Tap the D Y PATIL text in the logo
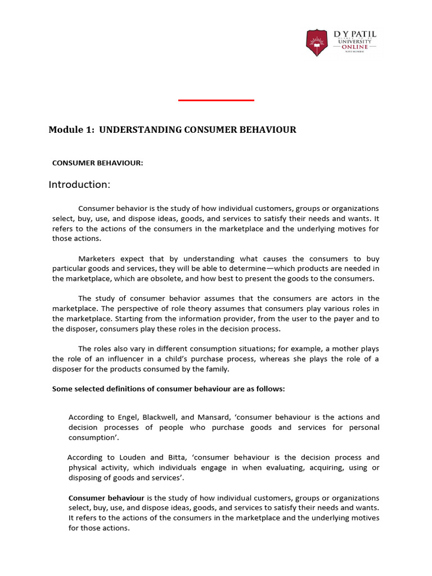click(x=355, y=34)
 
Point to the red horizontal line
click(x=216, y=100)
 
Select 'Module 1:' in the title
click(x=71, y=130)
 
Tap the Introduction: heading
click(x=79, y=184)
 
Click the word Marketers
click(x=97, y=259)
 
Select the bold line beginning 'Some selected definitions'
click(x=169, y=388)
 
